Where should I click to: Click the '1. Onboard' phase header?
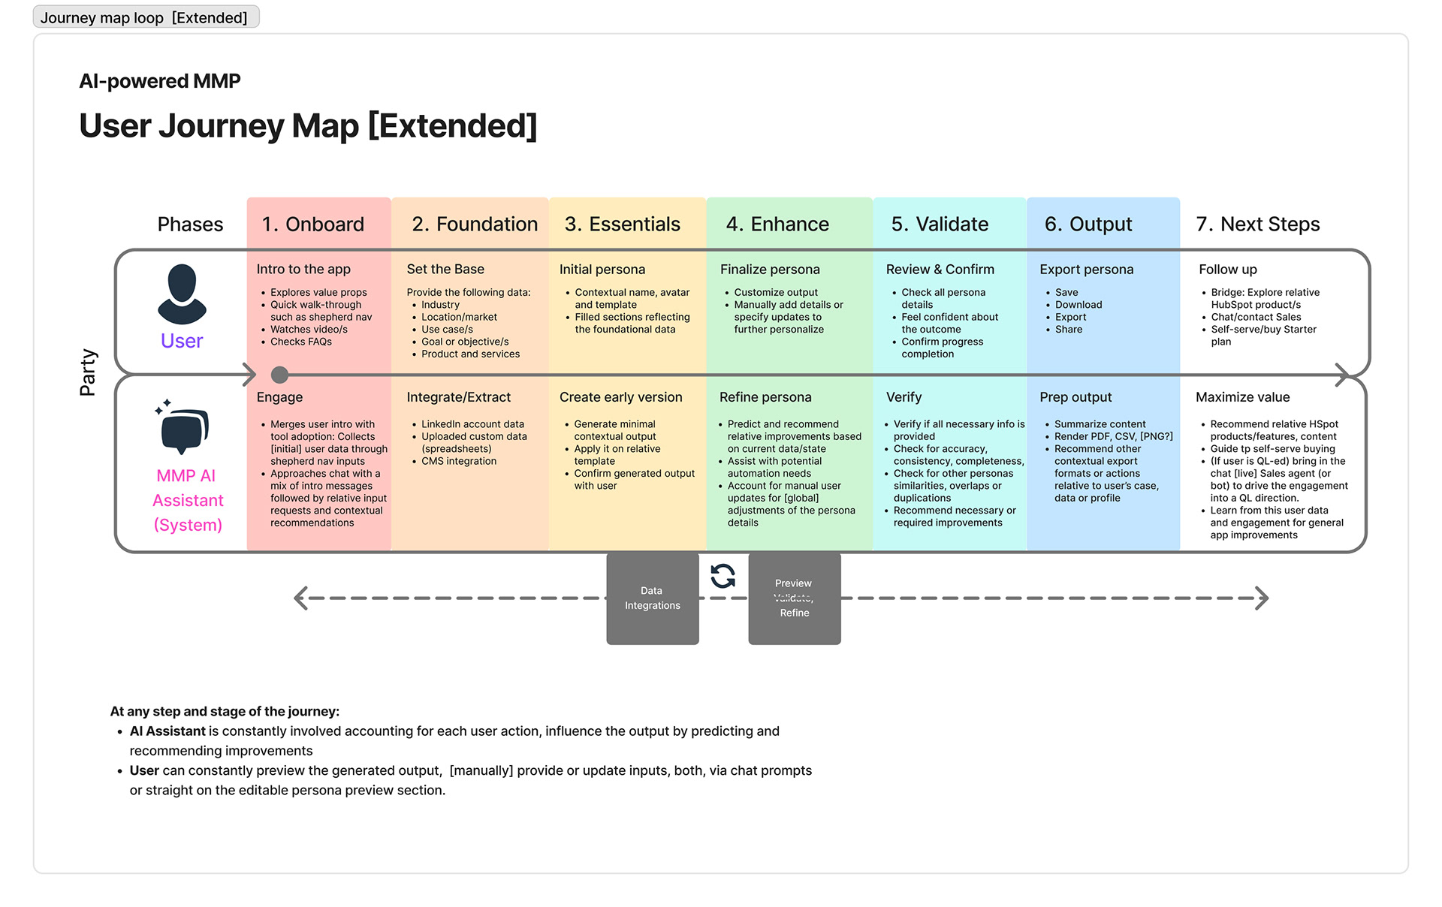312,224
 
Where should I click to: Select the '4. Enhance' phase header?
777,224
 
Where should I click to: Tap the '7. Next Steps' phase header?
1257,224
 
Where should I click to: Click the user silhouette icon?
182,294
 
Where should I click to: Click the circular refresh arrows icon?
723,576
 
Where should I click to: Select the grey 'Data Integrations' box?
652,598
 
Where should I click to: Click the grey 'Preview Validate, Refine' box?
794,598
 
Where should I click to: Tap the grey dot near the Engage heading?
279,374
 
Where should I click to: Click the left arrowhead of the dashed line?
300,598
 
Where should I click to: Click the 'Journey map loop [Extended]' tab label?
144,17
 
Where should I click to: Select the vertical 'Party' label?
88,372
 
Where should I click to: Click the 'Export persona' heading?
1086,269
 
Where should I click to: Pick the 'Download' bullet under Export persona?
1078,305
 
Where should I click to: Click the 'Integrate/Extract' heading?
458,397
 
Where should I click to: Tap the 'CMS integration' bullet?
458,461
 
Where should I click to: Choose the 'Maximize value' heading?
1242,397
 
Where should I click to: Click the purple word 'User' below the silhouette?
182,341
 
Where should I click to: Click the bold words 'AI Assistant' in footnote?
167,731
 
